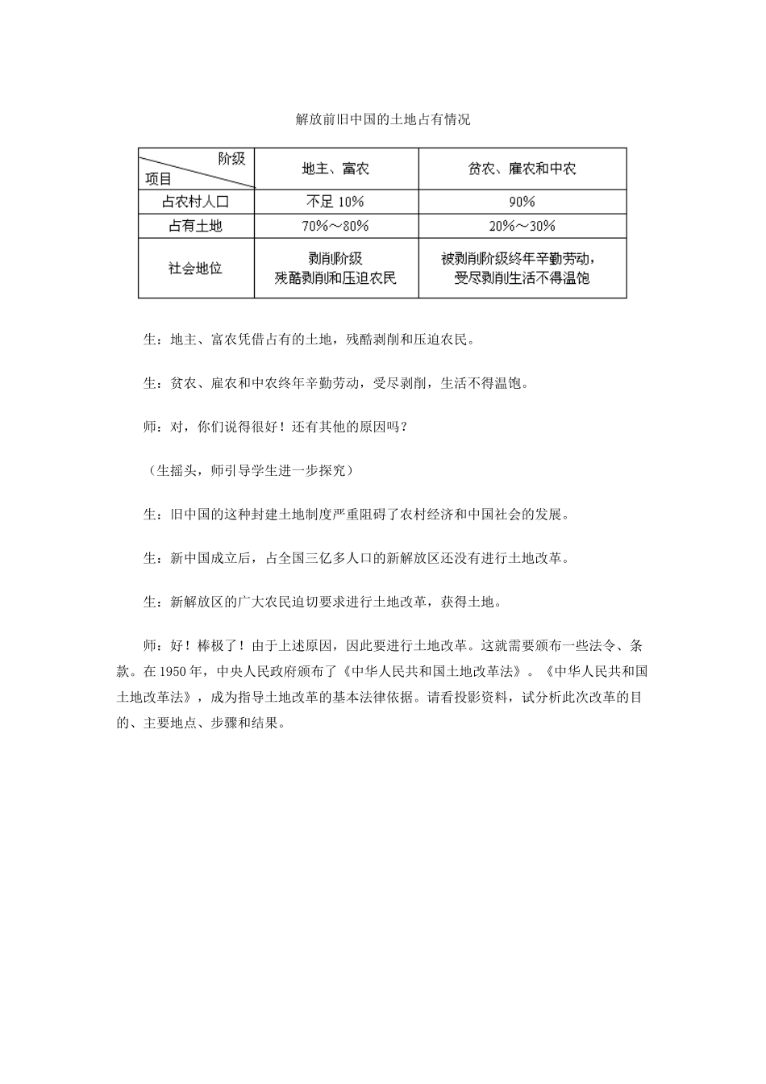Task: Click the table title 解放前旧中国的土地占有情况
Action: (382, 119)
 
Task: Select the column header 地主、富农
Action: (335, 169)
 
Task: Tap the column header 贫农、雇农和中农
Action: (522, 169)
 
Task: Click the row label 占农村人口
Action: (196, 202)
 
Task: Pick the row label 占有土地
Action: (196, 226)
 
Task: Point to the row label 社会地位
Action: (196, 268)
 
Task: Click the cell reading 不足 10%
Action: (335, 202)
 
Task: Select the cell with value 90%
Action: (522, 202)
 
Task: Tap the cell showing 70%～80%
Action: (335, 226)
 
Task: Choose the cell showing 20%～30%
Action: (522, 226)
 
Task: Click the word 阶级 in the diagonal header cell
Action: (232, 158)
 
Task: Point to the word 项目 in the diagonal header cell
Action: (159, 179)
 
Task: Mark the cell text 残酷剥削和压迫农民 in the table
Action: (335, 278)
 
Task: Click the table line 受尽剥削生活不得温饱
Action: (522, 278)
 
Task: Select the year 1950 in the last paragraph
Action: (173, 671)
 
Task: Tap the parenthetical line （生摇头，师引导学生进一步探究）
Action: (245, 470)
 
